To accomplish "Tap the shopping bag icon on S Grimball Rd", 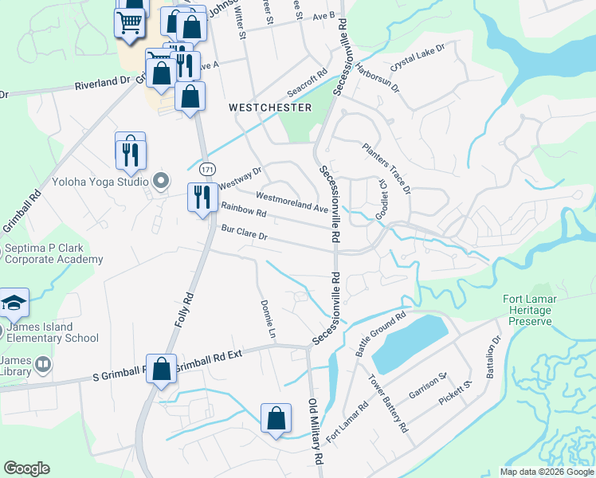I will (161, 369).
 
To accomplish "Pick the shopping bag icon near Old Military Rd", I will (276, 417).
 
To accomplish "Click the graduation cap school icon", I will (15, 303).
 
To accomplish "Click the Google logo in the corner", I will (26, 468).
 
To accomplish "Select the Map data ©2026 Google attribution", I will (547, 472).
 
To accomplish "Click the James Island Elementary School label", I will (52, 332).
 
